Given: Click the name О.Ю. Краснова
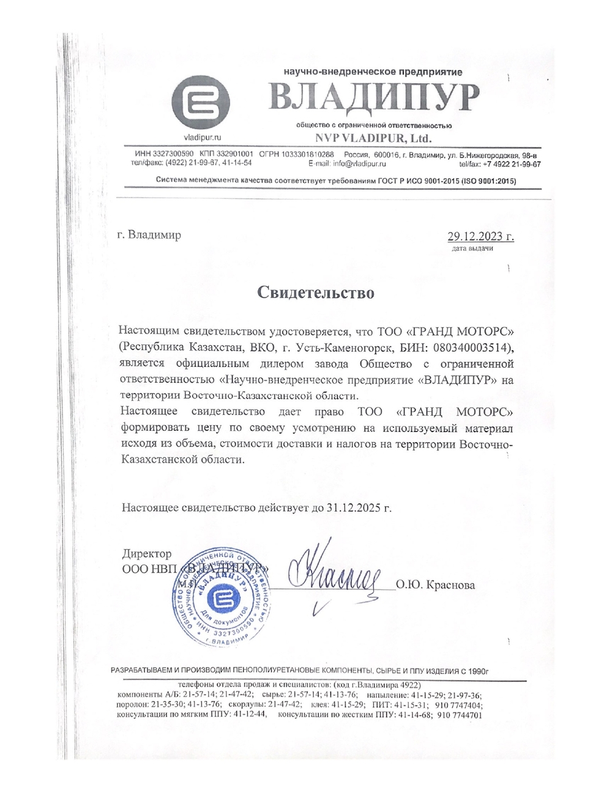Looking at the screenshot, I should [x=435, y=585].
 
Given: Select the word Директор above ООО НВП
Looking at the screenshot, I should [x=147, y=553].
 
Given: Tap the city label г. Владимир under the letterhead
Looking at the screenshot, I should [x=149, y=235].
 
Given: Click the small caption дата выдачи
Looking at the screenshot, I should [x=472, y=249].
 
